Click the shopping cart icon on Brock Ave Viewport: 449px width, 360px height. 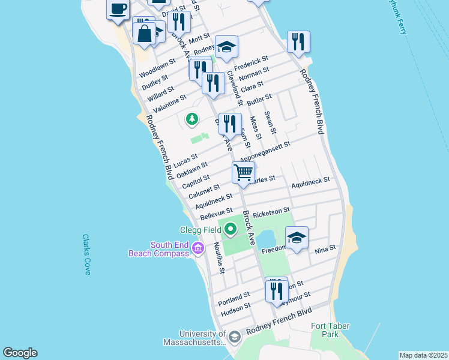(x=244, y=172)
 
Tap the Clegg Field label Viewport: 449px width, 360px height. (x=201, y=229)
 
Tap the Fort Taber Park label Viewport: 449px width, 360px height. (x=330, y=330)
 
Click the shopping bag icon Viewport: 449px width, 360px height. (x=145, y=32)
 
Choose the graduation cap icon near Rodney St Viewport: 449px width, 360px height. (x=226, y=47)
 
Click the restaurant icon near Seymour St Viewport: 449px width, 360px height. (x=276, y=290)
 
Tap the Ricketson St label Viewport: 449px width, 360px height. (x=272, y=214)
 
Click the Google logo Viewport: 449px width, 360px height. (x=20, y=353)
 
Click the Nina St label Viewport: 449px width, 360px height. (x=325, y=248)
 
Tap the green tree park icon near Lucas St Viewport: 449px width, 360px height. (x=192, y=119)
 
